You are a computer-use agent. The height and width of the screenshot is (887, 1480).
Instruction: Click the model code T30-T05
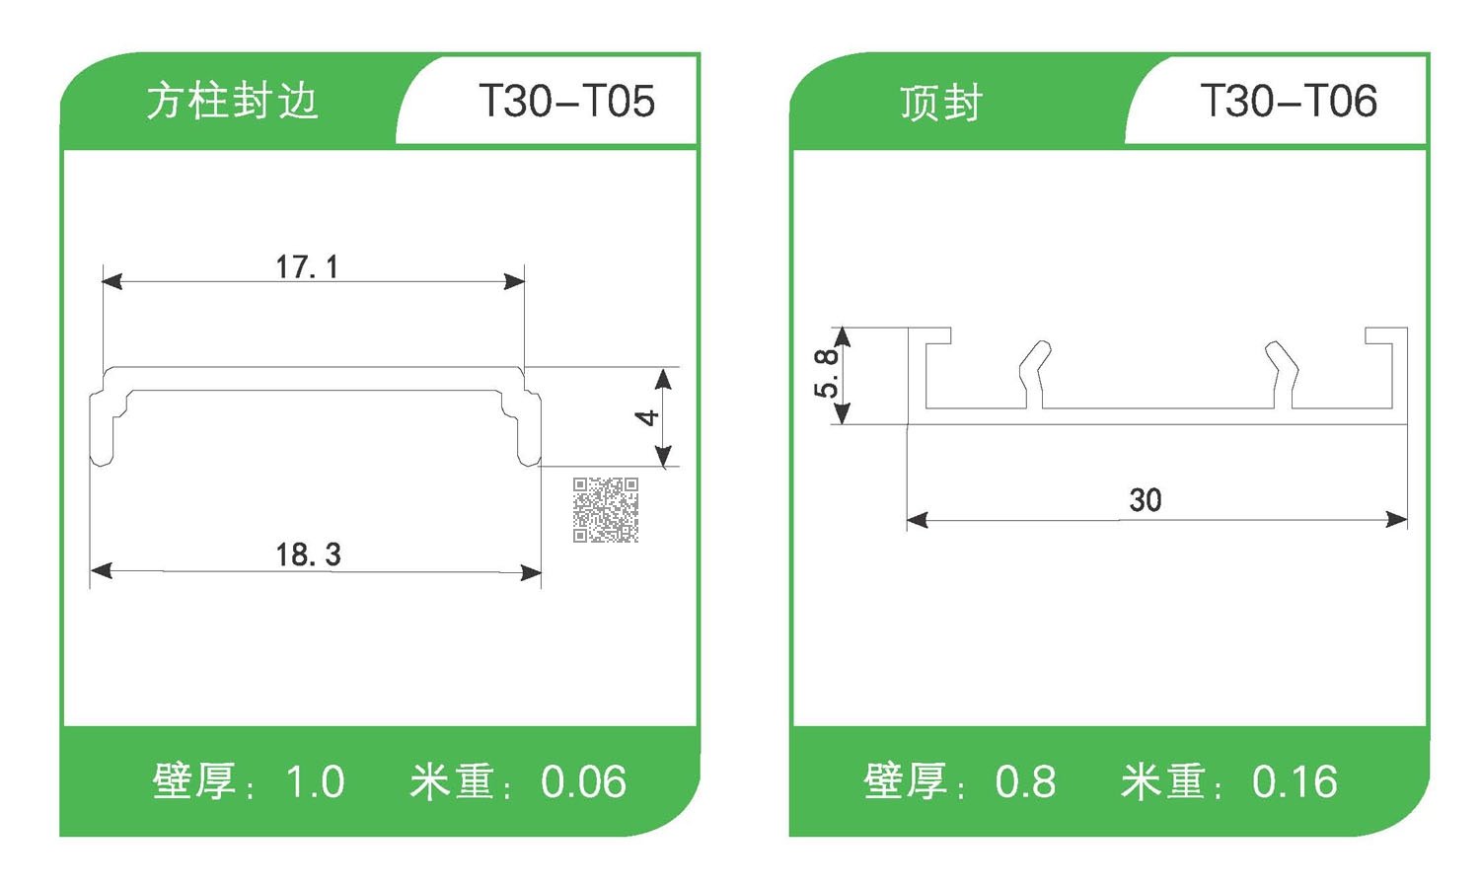click(566, 102)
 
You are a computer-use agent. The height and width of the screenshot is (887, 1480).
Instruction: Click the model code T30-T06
click(1288, 102)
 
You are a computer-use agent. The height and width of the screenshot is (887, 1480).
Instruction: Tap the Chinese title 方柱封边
click(232, 102)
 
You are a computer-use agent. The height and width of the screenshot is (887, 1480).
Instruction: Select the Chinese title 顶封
click(940, 104)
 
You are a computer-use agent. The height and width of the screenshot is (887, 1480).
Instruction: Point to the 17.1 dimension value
click(307, 266)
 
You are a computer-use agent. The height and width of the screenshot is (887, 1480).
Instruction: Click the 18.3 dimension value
click(308, 554)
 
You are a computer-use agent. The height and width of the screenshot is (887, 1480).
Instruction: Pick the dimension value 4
click(646, 417)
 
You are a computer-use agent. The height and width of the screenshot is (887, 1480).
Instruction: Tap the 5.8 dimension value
click(826, 374)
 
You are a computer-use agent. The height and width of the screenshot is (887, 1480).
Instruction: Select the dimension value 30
click(1145, 500)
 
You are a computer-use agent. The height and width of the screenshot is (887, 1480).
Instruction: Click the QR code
click(606, 510)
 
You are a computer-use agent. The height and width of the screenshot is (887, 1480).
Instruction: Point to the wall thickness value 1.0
click(315, 782)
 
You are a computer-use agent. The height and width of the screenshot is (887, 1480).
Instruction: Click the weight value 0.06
click(583, 782)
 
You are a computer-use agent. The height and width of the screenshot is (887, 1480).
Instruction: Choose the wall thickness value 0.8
click(1025, 782)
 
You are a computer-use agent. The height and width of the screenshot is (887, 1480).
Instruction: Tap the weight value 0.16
click(1295, 782)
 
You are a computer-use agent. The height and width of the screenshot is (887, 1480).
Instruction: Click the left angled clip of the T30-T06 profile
click(1035, 373)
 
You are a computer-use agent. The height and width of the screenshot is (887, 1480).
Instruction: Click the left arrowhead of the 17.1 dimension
click(111, 281)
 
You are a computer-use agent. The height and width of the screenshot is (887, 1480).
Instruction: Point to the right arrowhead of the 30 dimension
click(1397, 519)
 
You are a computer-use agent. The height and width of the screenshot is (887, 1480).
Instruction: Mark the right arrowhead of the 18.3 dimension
click(532, 571)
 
